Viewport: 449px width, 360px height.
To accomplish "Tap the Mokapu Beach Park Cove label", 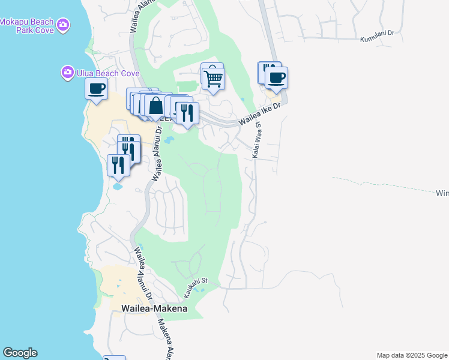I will pyautogui.click(x=28, y=26).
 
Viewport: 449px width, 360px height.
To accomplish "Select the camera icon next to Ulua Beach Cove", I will pyautogui.click(x=67, y=73).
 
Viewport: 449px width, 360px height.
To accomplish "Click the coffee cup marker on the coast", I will pyautogui.click(x=96, y=90).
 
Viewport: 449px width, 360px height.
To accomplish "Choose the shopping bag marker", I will pyautogui.click(x=155, y=106).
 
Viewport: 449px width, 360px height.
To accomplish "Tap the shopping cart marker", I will pyautogui.click(x=213, y=79).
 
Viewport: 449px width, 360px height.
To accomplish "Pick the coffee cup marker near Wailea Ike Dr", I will pyautogui.click(x=276, y=79).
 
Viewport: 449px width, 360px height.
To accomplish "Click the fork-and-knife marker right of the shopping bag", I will pyautogui.click(x=187, y=113).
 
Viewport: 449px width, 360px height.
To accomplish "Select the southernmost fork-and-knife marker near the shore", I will pyautogui.click(x=118, y=165).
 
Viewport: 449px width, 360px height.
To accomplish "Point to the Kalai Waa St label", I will pyautogui.click(x=256, y=142).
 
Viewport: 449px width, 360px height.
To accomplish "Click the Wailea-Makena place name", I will pyautogui.click(x=154, y=308).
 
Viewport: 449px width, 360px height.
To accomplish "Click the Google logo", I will pyautogui.click(x=20, y=353).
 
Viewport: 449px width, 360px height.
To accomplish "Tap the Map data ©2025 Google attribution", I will pyautogui.click(x=411, y=355).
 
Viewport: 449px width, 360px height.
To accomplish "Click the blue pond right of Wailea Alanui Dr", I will pyautogui.click(x=168, y=141).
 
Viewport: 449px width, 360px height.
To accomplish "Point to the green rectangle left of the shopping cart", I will pyautogui.click(x=188, y=87).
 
